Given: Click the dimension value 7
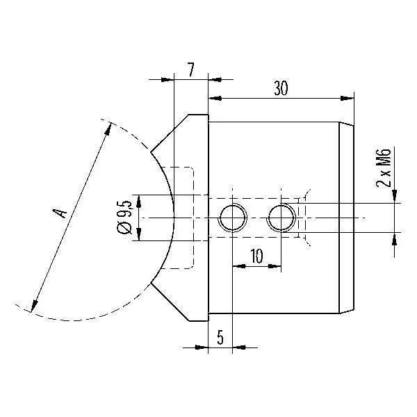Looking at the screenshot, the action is [191, 69].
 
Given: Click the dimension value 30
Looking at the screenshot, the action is [281, 88].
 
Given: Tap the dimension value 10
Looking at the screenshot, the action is [256, 256].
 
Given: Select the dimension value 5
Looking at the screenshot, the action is [220, 337].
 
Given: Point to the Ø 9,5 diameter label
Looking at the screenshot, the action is [124, 218].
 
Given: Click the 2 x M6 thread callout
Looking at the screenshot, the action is [384, 167].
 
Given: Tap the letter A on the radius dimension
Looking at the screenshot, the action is [60, 213].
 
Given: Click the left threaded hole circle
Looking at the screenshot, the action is [232, 218].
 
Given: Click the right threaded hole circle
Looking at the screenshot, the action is [281, 218].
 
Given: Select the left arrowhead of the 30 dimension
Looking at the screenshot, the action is [215, 99].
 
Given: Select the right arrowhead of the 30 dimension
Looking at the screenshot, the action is [347, 99].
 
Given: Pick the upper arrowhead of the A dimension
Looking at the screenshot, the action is [108, 129].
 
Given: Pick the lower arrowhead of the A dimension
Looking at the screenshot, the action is [33, 306].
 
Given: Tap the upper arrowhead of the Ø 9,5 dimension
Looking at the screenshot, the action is [138, 202].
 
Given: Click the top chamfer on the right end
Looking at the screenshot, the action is [347, 124].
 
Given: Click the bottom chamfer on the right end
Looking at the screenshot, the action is [347, 311].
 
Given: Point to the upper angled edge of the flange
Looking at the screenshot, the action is [170, 133].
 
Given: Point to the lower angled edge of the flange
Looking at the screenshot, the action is [170, 302].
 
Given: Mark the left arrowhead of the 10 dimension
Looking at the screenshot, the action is [239, 265].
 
